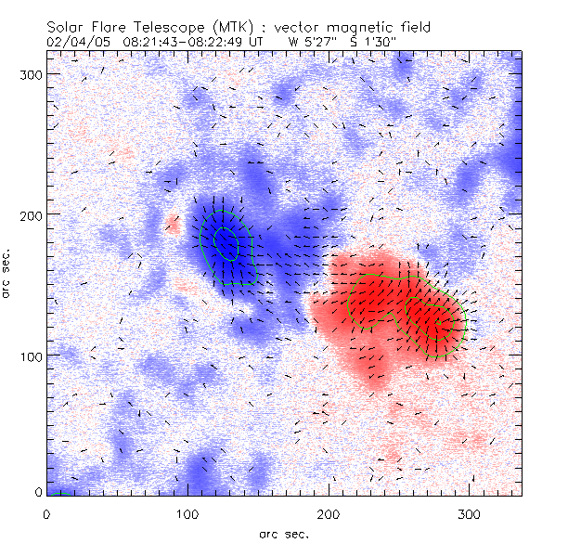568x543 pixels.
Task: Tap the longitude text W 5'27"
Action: point(310,42)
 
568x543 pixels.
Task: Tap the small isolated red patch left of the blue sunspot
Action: point(172,223)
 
